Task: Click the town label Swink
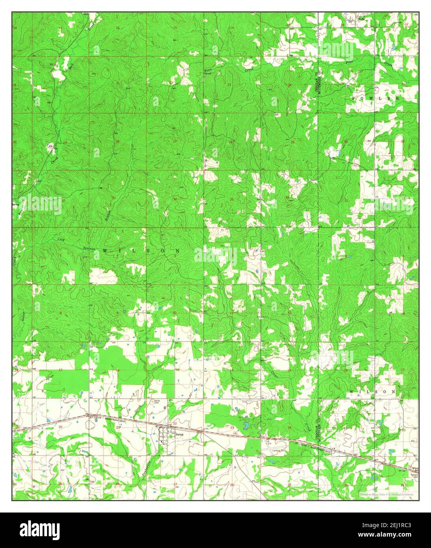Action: click(x=180, y=434)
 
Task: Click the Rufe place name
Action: click(x=361, y=18)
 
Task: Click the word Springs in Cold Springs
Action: click(x=88, y=248)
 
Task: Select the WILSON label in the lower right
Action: click(x=372, y=391)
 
